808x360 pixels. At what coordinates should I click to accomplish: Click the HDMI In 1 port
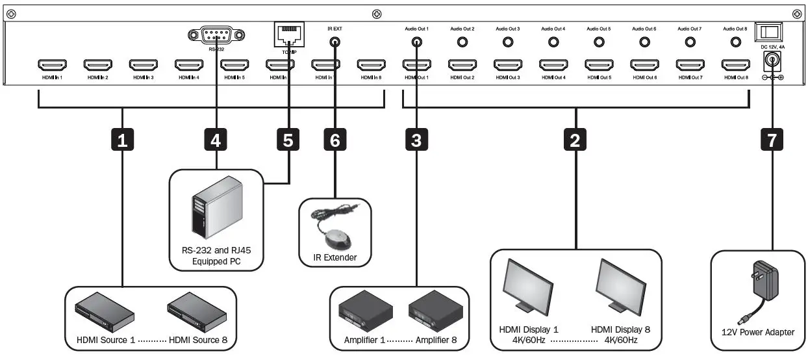(x=52, y=65)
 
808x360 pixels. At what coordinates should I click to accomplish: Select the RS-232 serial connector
(x=216, y=35)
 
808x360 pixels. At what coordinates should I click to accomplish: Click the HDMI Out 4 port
(x=553, y=65)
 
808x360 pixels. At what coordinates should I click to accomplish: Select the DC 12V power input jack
(x=772, y=61)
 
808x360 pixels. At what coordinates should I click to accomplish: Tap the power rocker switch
(x=771, y=31)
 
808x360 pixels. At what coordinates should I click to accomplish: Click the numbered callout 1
(x=121, y=139)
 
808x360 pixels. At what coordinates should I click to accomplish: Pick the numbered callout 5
(x=288, y=139)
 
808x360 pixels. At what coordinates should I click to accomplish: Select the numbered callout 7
(x=772, y=139)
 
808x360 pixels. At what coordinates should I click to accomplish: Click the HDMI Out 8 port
(x=735, y=65)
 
